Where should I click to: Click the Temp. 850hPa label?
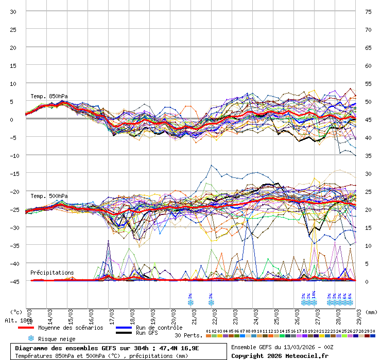pos(49,96)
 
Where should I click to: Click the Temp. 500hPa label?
pos(49,196)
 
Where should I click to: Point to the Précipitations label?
pos(52,273)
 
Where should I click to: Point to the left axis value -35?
pos(14,245)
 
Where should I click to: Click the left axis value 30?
pos(13,12)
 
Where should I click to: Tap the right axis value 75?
pos(368,12)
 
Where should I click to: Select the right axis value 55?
pos(368,83)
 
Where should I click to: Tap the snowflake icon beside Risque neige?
pos(31,338)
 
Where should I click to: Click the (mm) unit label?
pos(371,312)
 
